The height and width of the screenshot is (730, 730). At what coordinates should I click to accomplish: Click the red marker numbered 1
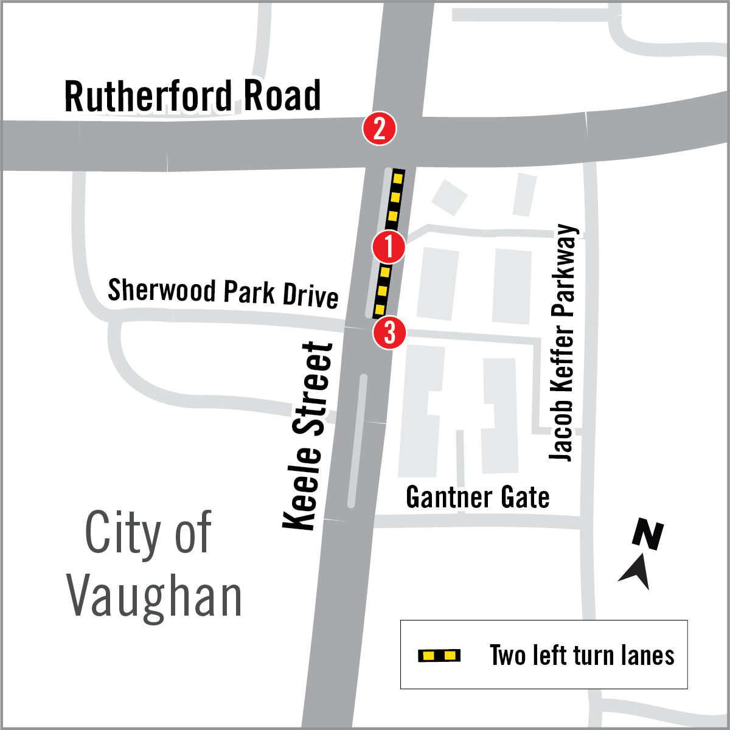click(x=389, y=247)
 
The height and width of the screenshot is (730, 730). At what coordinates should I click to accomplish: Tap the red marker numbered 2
click(x=380, y=129)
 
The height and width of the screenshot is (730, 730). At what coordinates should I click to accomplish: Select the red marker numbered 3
click(x=389, y=333)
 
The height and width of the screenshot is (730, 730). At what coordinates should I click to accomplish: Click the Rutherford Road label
click(x=192, y=96)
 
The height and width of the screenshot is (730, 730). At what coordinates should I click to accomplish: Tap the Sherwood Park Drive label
click(x=223, y=293)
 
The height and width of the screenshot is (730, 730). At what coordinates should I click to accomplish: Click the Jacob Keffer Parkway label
click(x=563, y=342)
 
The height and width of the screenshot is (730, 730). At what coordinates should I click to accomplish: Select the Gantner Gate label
click(x=478, y=498)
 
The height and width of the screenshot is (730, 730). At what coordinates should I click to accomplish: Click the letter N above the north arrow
click(x=648, y=535)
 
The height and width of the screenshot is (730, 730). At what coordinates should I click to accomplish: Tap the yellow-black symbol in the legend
click(x=439, y=655)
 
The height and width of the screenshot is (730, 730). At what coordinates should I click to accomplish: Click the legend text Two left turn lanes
click(x=582, y=655)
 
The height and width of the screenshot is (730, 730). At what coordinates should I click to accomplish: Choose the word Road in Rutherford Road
click(x=282, y=96)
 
